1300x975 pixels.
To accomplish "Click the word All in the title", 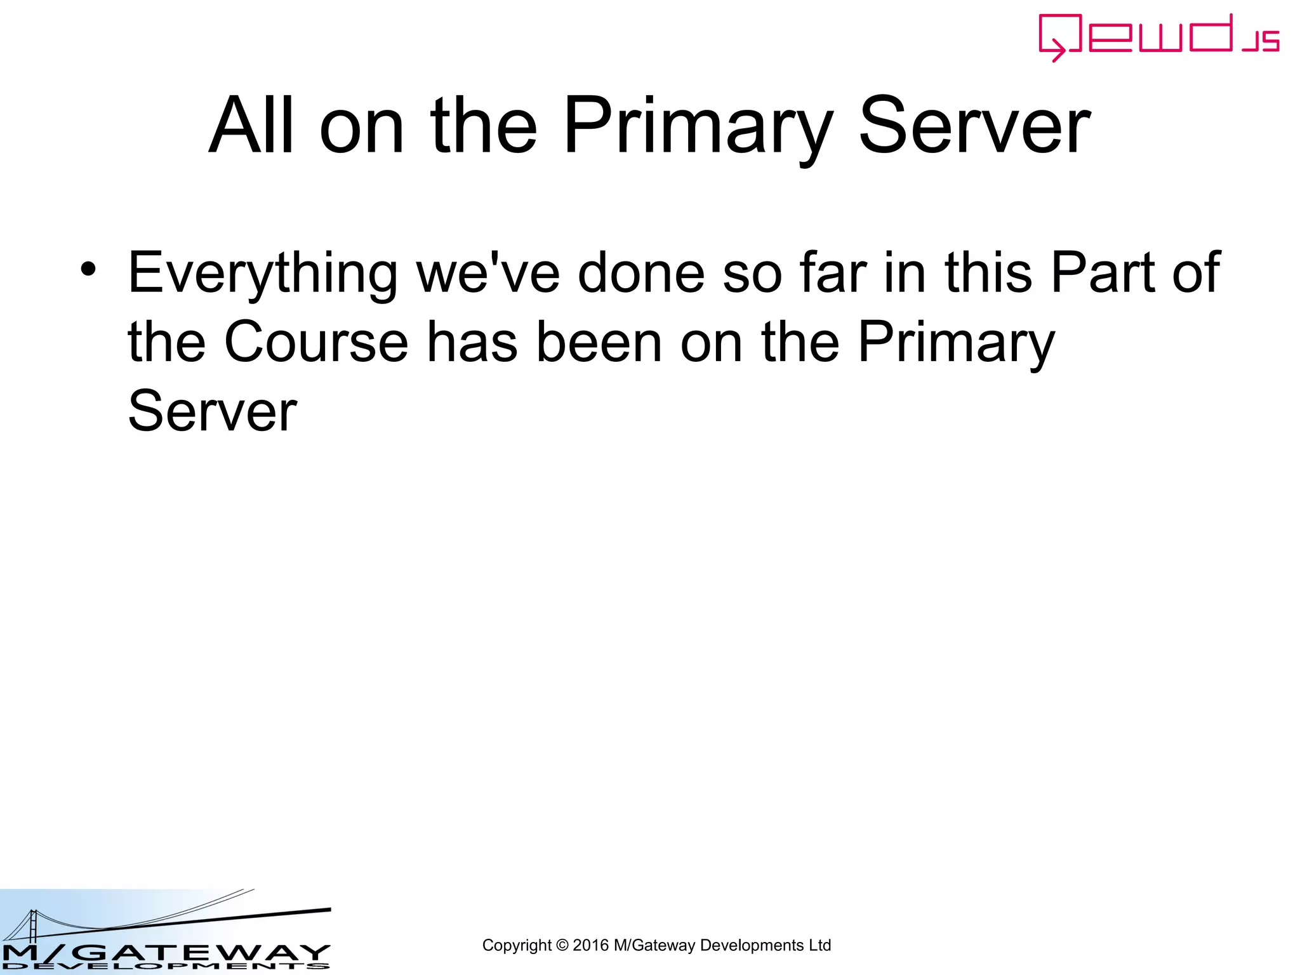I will (x=251, y=126).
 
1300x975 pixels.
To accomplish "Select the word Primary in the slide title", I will (x=698, y=127).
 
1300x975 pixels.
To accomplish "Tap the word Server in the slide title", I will (x=974, y=126).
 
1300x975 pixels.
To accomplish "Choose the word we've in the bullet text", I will (x=488, y=273).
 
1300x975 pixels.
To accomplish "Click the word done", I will (x=641, y=273).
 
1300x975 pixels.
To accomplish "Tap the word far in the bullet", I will (x=833, y=273).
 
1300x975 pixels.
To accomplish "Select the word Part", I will (x=1103, y=273).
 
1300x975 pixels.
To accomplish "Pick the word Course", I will (x=316, y=343).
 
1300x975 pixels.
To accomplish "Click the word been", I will (x=599, y=343).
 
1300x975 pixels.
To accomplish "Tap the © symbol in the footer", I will (x=562, y=946).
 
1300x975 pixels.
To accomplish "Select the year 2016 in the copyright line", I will (x=590, y=946).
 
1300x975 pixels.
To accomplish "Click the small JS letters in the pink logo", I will (x=1261, y=41).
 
